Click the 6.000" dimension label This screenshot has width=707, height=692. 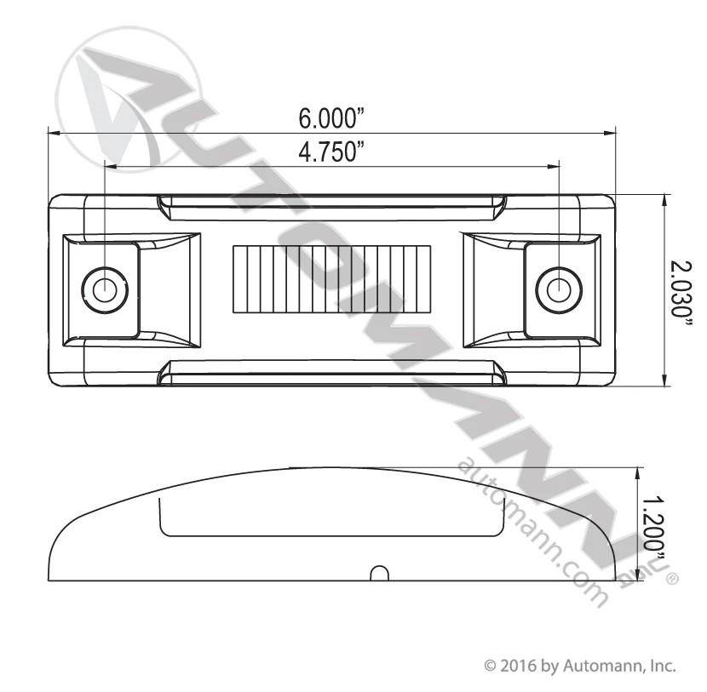point(331,118)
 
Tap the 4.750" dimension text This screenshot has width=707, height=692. point(331,152)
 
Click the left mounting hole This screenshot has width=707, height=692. point(105,289)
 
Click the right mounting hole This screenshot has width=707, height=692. point(559,289)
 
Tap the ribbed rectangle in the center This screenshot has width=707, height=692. point(332,279)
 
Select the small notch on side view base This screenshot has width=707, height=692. point(380,574)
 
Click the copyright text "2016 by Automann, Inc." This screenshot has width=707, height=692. point(587,666)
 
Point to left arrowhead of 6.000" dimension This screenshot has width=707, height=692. point(54,133)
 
